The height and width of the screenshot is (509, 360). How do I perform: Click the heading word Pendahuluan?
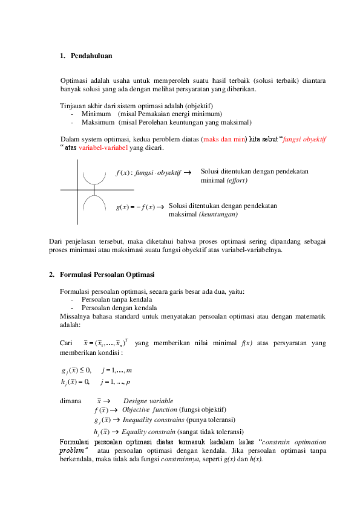point(91,56)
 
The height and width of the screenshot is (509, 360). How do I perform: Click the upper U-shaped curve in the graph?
point(94,180)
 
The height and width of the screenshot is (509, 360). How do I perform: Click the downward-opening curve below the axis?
point(94,200)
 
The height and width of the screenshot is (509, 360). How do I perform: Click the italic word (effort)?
point(235,180)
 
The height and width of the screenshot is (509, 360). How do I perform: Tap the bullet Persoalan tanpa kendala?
point(116,299)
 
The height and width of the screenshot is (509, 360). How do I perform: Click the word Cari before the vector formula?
point(67,343)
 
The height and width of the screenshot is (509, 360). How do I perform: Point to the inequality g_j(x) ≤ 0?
point(76,370)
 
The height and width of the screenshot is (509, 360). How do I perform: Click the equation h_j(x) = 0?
point(76,381)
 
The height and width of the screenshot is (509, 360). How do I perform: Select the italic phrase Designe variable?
point(148,401)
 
